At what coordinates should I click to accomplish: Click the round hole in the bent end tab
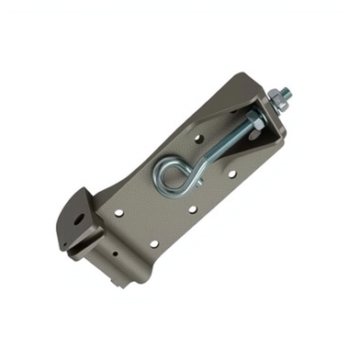[80, 219]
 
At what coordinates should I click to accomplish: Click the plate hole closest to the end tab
[119, 212]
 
